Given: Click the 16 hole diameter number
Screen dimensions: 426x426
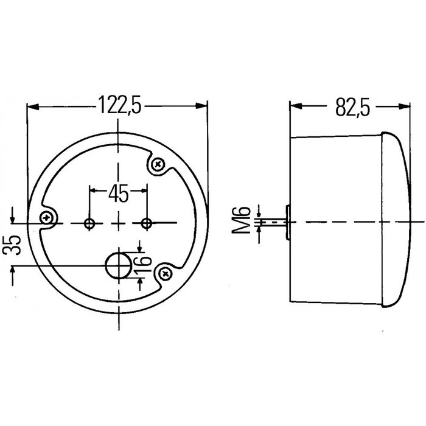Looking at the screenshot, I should (x=141, y=264).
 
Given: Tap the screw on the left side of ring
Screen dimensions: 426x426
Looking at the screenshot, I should (x=46, y=218).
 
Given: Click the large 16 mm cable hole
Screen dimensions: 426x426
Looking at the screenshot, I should (x=117, y=265).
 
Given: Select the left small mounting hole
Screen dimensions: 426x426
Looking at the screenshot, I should (x=90, y=223).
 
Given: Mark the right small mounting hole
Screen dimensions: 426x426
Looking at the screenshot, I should (x=146, y=223).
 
